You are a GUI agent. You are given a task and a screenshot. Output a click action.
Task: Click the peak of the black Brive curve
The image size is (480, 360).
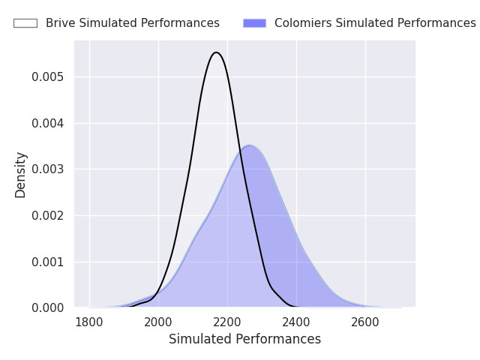coord(216,52)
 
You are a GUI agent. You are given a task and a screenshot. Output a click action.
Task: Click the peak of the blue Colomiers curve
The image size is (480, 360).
coord(249,145)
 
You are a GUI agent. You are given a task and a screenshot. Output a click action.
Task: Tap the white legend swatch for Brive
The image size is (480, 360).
coord(25,23)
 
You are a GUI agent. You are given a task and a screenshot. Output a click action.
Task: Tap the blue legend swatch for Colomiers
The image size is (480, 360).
coord(254,23)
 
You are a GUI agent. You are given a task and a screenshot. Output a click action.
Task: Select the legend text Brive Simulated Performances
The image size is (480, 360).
coord(133,23)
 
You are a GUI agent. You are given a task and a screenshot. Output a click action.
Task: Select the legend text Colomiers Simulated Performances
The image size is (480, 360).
coord(375,23)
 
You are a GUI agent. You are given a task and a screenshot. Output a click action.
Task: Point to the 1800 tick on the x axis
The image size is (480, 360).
coord(89,322)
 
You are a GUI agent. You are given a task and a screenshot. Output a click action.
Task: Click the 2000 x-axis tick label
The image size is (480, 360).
coord(158,322)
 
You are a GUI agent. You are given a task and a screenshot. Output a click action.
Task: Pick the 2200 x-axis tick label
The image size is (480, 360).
coord(227,322)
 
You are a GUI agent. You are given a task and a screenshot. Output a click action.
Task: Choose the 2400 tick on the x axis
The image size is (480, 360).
coord(296,322)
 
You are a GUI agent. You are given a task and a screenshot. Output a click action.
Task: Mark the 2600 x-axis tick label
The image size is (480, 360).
coord(365,322)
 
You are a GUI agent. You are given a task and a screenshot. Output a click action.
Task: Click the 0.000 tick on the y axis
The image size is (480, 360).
coord(48,308)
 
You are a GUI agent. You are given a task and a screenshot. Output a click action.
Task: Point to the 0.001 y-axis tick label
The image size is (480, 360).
coord(48,262)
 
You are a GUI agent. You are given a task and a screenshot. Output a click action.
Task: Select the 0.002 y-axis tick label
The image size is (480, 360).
coord(48,216)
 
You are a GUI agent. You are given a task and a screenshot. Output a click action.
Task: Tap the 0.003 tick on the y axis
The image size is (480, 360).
coord(48,169)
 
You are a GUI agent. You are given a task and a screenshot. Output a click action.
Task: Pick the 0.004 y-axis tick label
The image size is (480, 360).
coord(48,123)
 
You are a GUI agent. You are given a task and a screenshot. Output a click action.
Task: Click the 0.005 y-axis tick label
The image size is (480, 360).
coord(48,76)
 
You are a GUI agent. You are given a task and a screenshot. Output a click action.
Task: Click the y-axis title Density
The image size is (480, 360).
coord(20,175)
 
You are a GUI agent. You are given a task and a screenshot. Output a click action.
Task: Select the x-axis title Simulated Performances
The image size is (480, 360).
coord(245,339)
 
